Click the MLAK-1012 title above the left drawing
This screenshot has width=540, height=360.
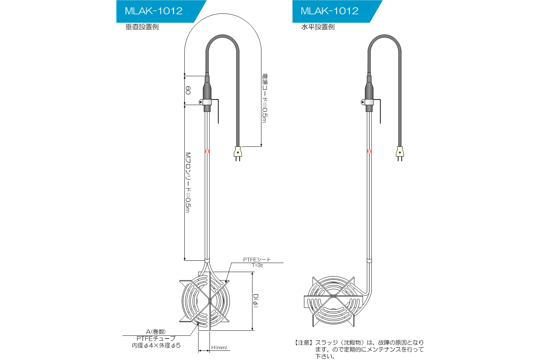154,11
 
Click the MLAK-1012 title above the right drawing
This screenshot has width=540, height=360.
329,11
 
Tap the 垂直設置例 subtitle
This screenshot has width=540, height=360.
142,27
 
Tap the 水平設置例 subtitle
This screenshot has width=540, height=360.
318,27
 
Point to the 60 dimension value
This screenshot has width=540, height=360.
188,90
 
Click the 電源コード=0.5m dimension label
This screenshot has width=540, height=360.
265,98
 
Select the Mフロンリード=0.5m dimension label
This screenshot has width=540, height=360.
188,182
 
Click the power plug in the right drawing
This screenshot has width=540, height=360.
400,153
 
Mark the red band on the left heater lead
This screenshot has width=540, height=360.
207,151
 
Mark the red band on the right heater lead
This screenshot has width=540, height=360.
369,151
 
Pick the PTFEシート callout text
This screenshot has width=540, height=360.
257,259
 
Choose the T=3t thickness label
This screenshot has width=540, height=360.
257,265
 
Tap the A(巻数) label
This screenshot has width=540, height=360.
156,332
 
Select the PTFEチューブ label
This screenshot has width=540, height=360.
156,339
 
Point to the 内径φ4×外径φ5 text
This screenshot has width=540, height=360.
156,346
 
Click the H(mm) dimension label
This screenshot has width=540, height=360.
219,347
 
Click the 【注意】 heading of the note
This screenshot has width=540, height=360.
304,343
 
